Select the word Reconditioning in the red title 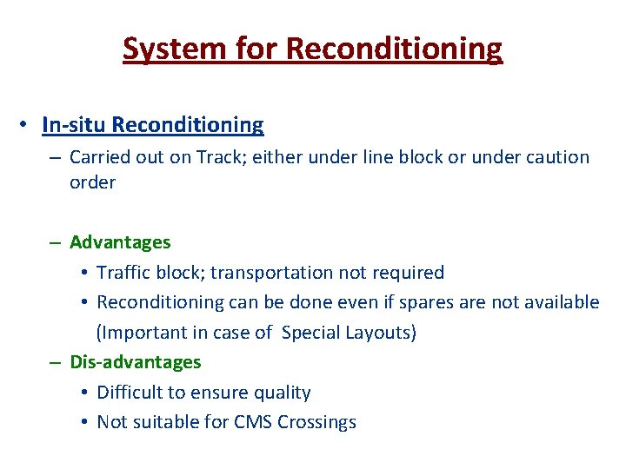393,49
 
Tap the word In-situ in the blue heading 74,125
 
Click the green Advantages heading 120,242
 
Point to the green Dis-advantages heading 135,362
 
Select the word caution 552,157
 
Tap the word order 92,182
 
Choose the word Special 312,333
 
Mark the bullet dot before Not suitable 83,423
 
